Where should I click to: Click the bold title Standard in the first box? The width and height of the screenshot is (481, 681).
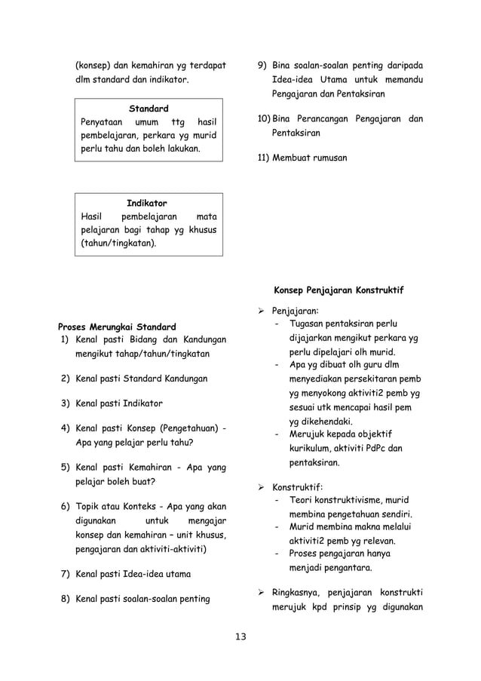(148, 109)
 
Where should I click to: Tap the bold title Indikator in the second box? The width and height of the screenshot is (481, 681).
(147, 204)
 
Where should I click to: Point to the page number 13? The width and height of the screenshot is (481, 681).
(240, 638)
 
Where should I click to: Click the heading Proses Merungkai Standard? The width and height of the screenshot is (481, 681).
(117, 327)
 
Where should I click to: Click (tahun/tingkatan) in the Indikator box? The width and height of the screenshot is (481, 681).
(119, 244)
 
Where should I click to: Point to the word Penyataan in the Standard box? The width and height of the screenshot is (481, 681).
(102, 122)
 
